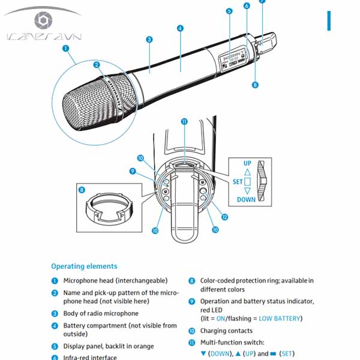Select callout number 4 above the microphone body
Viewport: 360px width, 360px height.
(x=180, y=28)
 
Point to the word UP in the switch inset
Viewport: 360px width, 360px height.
(x=247, y=163)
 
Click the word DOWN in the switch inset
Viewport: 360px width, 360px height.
(x=246, y=200)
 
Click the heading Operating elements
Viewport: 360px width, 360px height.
(x=84, y=266)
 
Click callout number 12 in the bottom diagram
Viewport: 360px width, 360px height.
(x=225, y=217)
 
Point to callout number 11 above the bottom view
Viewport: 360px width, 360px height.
(x=184, y=121)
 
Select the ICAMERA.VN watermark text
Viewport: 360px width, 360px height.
(x=44, y=37)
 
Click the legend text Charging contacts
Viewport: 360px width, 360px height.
(x=226, y=331)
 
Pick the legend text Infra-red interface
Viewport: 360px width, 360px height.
(x=91, y=358)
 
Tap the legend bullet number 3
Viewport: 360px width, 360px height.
(x=55, y=313)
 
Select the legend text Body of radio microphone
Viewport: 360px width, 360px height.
(x=101, y=313)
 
